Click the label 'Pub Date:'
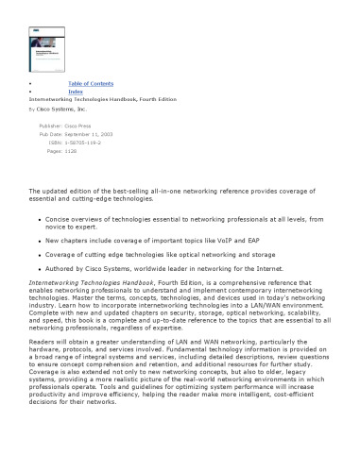[x=50, y=134]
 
